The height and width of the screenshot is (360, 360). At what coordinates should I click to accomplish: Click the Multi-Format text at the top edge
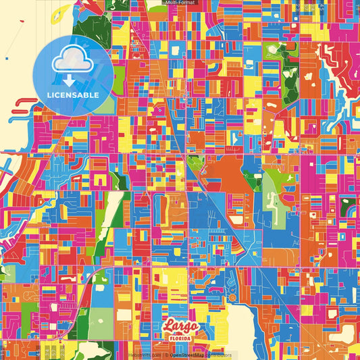click(180, 3)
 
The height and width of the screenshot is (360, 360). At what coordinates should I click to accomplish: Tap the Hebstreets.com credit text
click(145, 355)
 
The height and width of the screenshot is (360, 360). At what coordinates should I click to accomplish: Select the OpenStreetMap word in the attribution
click(188, 355)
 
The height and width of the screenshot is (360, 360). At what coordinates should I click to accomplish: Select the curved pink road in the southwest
click(84, 290)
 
